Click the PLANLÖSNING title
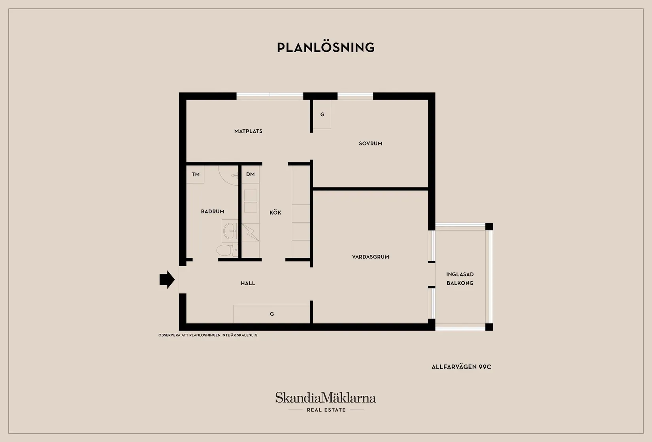(326, 47)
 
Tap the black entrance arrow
(167, 280)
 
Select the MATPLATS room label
(248, 131)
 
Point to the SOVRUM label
(371, 143)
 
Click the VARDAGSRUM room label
(371, 257)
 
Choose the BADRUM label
(213, 212)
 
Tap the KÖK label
(275, 213)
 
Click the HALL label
(248, 284)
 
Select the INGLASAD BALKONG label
(460, 279)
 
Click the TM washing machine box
(195, 174)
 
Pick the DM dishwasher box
(250, 174)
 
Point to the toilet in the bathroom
(227, 250)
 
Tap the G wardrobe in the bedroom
(322, 115)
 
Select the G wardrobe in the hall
(271, 314)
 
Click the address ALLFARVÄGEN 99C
(462, 367)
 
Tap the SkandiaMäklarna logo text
(326, 397)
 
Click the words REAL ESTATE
(326, 410)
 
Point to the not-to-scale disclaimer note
(208, 335)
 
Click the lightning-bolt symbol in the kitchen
(250, 232)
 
